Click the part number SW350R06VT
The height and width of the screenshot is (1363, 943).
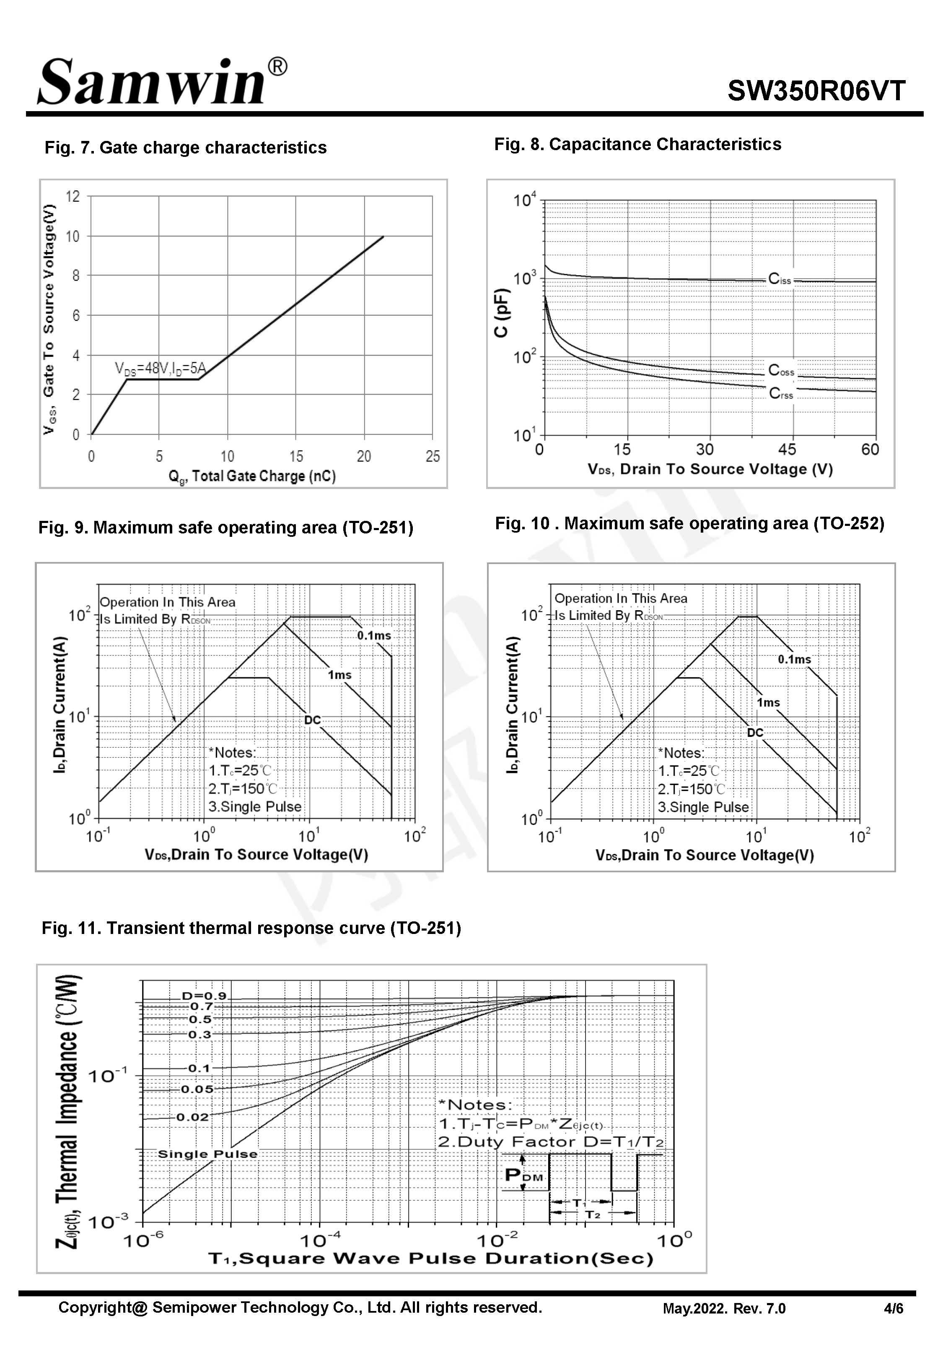click(816, 91)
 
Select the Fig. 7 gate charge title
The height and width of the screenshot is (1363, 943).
click(186, 147)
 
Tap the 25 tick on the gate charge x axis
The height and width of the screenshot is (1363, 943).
click(433, 456)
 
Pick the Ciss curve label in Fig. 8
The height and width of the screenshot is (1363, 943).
click(779, 279)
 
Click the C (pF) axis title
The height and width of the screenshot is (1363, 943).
click(501, 313)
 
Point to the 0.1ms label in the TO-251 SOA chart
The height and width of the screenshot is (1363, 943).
click(374, 636)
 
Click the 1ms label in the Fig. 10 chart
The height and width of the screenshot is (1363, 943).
click(768, 703)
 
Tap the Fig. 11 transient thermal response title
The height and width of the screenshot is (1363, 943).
click(251, 928)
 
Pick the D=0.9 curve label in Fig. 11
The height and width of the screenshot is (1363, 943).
click(204, 996)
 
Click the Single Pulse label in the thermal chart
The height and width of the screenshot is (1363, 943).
click(207, 1154)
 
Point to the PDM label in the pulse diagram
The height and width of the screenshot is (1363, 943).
click(524, 1175)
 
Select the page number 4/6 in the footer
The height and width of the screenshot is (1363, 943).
click(894, 1308)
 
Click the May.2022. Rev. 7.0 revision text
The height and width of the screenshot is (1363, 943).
click(724, 1308)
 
